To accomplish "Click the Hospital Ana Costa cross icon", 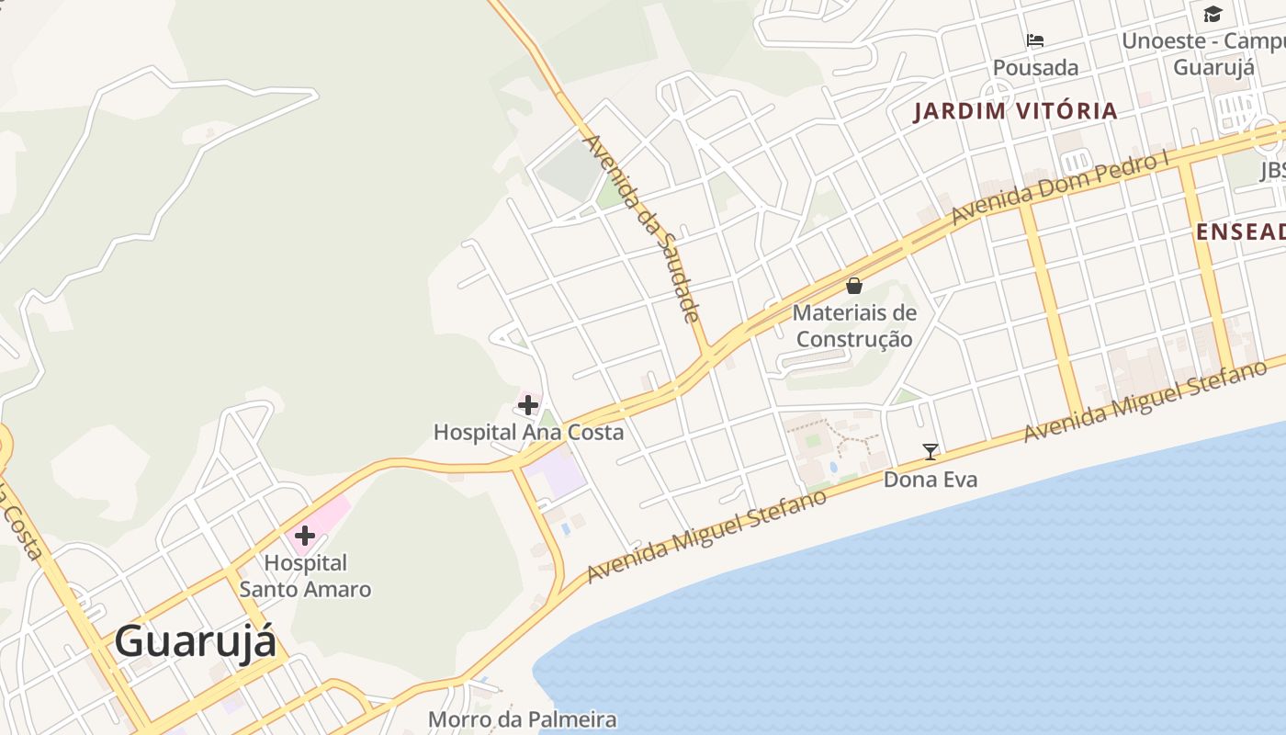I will (x=528, y=404).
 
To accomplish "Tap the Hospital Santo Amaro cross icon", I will (x=305, y=536).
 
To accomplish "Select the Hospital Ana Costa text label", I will (x=528, y=432).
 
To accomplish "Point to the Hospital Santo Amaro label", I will (x=305, y=576).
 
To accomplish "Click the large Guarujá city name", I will (x=195, y=641).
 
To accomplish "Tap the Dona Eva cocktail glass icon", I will (x=931, y=451).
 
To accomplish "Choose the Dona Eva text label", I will (x=931, y=480).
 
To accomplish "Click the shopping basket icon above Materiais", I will (x=854, y=286).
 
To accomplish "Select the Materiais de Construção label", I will (x=854, y=326).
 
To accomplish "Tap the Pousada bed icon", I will (x=1035, y=40).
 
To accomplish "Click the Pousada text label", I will (x=1035, y=68).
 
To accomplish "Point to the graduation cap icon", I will (x=1213, y=14).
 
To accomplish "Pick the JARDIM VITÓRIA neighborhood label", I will (x=1015, y=112).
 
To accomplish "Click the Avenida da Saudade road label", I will (x=643, y=229).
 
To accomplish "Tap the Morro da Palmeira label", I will (x=522, y=719).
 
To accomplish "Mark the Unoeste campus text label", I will (x=1203, y=54).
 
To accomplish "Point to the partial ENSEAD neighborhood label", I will (x=1240, y=232).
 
